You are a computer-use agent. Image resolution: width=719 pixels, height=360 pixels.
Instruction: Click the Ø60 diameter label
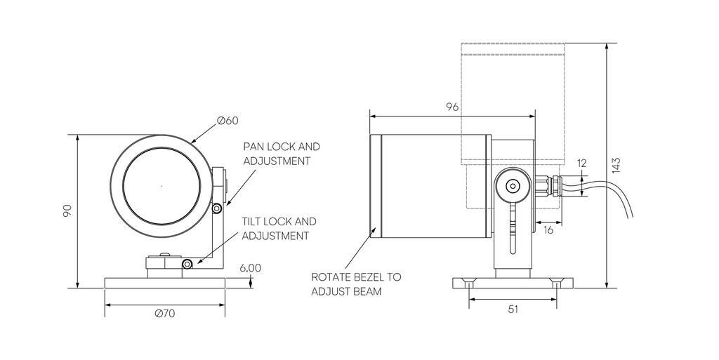click(227, 120)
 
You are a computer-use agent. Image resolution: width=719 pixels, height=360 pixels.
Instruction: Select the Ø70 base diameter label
click(165, 314)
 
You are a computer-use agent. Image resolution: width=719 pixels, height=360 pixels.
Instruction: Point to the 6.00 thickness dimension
click(250, 267)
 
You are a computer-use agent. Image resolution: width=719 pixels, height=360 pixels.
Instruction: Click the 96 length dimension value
click(452, 107)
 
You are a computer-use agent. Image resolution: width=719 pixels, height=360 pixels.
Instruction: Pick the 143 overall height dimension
click(616, 165)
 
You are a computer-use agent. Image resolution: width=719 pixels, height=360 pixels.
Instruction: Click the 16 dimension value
click(548, 230)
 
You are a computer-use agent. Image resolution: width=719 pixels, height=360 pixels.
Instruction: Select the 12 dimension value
click(581, 163)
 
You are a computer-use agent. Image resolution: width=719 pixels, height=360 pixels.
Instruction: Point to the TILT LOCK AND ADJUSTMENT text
click(279, 228)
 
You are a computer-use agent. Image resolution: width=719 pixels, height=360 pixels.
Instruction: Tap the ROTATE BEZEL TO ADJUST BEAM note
click(356, 284)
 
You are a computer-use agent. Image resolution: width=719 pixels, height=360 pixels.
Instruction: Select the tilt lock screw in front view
click(187, 264)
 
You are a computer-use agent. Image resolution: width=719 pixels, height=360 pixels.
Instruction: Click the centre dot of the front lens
click(161, 186)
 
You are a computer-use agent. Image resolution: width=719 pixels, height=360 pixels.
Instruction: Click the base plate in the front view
click(165, 282)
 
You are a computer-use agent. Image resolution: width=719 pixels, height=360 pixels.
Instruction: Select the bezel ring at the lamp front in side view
click(376, 185)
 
